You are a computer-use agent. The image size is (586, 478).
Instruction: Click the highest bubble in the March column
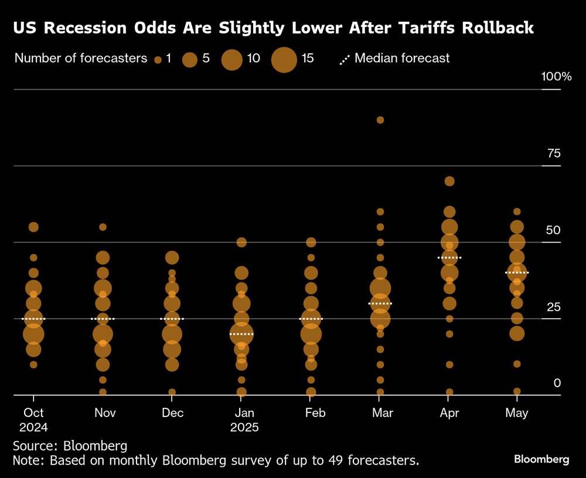380,120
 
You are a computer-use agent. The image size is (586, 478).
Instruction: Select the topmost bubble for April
449,181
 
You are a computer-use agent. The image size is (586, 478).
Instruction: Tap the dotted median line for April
449,258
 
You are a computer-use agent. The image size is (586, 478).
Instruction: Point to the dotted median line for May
517,272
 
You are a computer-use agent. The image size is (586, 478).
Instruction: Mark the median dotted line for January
241,334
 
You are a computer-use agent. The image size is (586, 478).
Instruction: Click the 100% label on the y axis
556,77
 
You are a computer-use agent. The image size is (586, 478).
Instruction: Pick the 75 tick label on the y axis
554,153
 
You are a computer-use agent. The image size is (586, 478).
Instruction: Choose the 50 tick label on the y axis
554,230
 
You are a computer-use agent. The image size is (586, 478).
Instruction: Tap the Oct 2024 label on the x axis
33,420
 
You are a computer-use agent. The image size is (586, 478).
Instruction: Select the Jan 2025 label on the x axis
241,420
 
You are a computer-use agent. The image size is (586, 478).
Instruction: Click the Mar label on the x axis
383,413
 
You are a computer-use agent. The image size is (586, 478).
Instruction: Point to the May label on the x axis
517,413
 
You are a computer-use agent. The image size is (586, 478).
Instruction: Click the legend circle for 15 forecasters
285,59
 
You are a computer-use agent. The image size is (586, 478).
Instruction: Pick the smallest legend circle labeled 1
158,60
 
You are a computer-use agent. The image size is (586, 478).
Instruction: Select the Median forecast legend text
402,58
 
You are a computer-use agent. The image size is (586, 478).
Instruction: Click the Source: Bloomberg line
70,445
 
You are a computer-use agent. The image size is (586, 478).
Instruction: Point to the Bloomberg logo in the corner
541,460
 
